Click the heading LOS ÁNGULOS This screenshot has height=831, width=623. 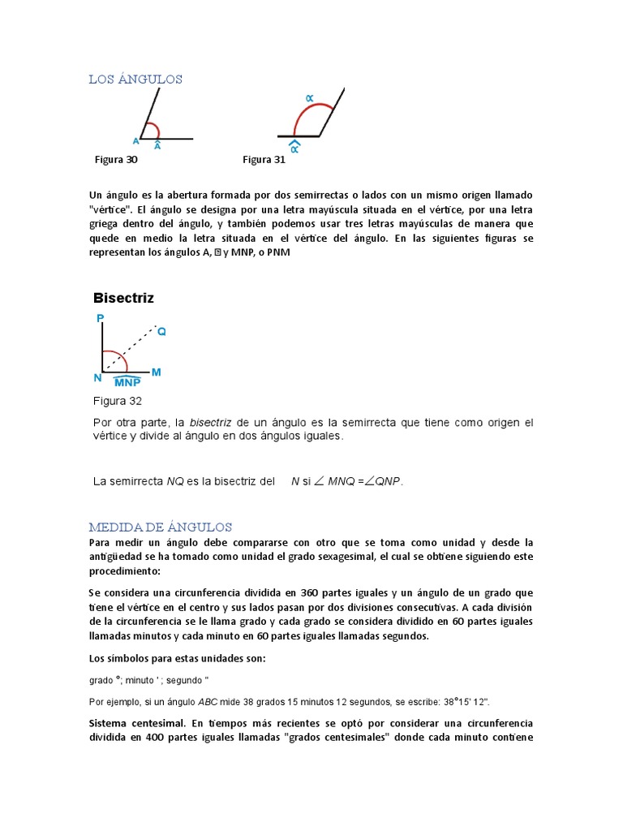pos(135,79)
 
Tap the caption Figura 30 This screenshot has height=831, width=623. pos(116,160)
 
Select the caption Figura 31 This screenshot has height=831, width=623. pos(264,160)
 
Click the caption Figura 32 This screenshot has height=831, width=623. pos(118,401)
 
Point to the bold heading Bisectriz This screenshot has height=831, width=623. pos(123,298)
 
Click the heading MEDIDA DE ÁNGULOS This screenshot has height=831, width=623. pos(161,527)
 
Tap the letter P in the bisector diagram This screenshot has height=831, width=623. pos(100,320)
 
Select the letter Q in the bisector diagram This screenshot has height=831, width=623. pos(161,332)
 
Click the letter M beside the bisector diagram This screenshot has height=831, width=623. pos(156,372)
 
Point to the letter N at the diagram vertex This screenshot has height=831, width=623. pos(97,377)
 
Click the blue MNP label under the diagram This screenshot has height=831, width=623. pos(127,382)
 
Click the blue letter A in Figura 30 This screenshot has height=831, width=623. pos(135,140)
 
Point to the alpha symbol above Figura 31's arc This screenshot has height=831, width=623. pos(309,97)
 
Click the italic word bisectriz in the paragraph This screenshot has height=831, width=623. pos(210,423)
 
